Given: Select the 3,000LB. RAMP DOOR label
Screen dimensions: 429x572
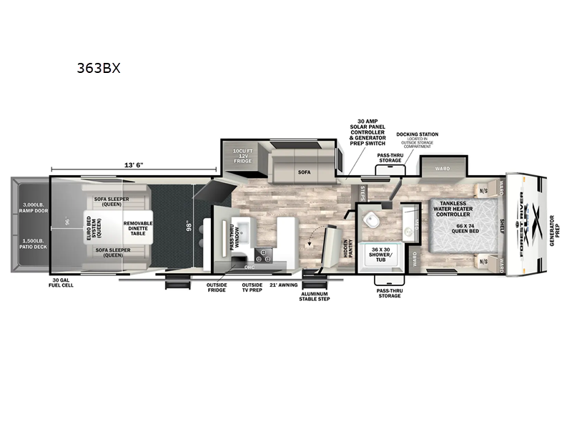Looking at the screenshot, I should point(31,209).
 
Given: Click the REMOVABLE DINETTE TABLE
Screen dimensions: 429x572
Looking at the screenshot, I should point(137,227).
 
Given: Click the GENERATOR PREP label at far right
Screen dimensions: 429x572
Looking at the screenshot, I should point(558,227).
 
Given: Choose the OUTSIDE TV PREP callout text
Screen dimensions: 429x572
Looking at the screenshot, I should point(252,287).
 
